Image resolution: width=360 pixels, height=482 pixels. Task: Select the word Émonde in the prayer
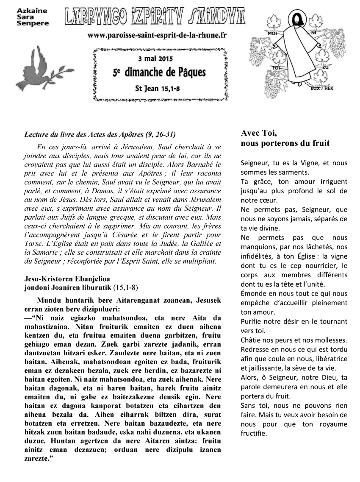point(253,293)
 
